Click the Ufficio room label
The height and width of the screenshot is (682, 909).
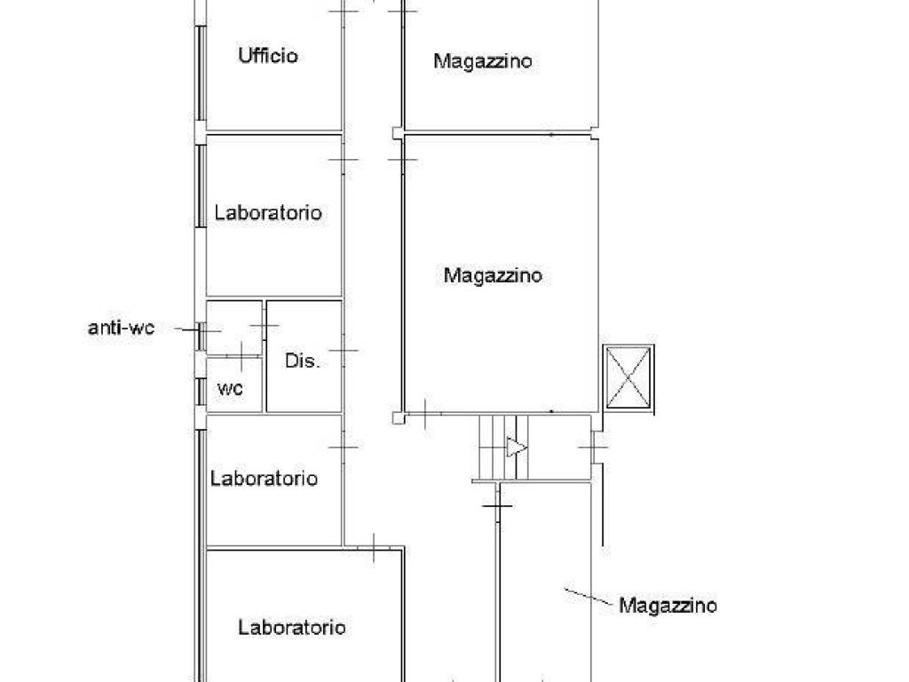click(x=267, y=56)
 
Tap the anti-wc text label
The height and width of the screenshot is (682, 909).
click(x=121, y=328)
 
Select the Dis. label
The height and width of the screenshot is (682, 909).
click(x=302, y=361)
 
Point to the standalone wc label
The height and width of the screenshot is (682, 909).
click(x=231, y=388)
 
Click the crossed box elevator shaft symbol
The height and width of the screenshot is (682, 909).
click(x=628, y=377)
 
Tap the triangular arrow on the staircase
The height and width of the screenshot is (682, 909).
click(x=516, y=448)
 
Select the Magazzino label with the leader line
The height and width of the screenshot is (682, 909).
click(x=668, y=606)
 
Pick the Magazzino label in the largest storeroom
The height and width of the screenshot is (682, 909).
click(x=493, y=275)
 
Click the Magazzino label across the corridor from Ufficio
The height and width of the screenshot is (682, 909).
click(x=483, y=61)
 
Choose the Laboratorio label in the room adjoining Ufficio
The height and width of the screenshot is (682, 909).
click(x=268, y=213)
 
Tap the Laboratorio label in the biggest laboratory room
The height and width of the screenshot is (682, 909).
click(x=291, y=628)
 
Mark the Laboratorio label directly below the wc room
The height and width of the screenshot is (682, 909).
click(x=264, y=479)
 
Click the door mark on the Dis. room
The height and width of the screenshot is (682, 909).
click(x=343, y=351)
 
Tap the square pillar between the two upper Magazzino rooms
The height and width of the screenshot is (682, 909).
click(x=396, y=133)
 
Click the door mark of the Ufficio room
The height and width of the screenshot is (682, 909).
click(x=343, y=11)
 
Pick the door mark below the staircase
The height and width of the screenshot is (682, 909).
click(x=498, y=506)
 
